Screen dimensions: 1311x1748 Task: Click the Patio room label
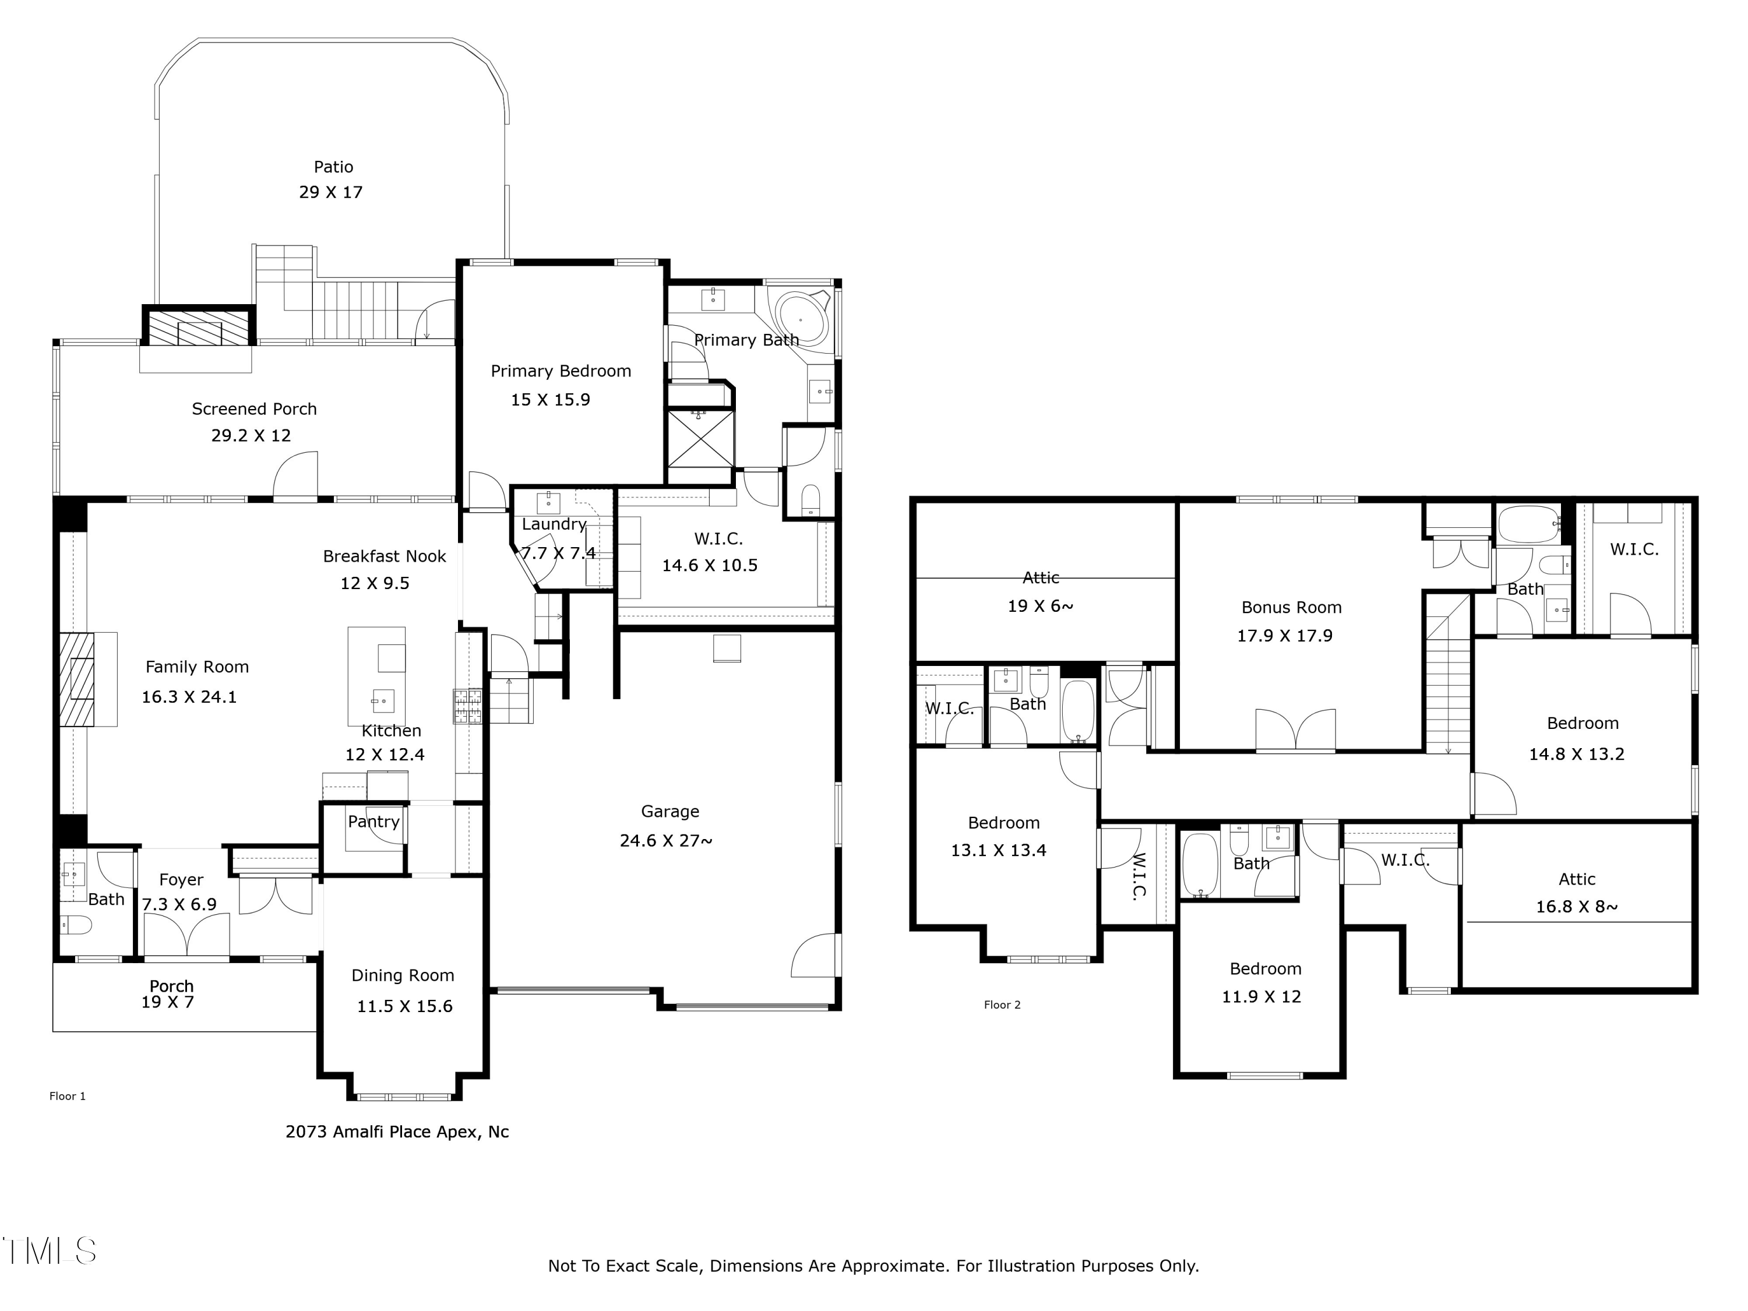(333, 167)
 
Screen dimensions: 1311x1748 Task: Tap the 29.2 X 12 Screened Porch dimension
(251, 435)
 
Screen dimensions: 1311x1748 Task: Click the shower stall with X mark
(700, 439)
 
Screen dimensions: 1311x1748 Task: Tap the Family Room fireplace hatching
(77, 679)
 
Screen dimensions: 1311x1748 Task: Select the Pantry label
(373, 822)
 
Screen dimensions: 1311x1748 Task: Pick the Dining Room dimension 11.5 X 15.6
(404, 1006)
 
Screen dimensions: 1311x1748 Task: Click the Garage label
(669, 812)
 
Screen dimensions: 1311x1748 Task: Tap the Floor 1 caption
(67, 1096)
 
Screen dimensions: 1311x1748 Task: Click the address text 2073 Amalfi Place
(397, 1132)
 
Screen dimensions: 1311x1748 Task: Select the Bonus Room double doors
(1295, 729)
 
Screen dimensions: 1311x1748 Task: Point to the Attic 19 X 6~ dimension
(1040, 606)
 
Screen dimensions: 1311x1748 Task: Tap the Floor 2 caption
(1002, 1005)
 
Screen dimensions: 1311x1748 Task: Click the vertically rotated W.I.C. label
(1138, 876)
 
